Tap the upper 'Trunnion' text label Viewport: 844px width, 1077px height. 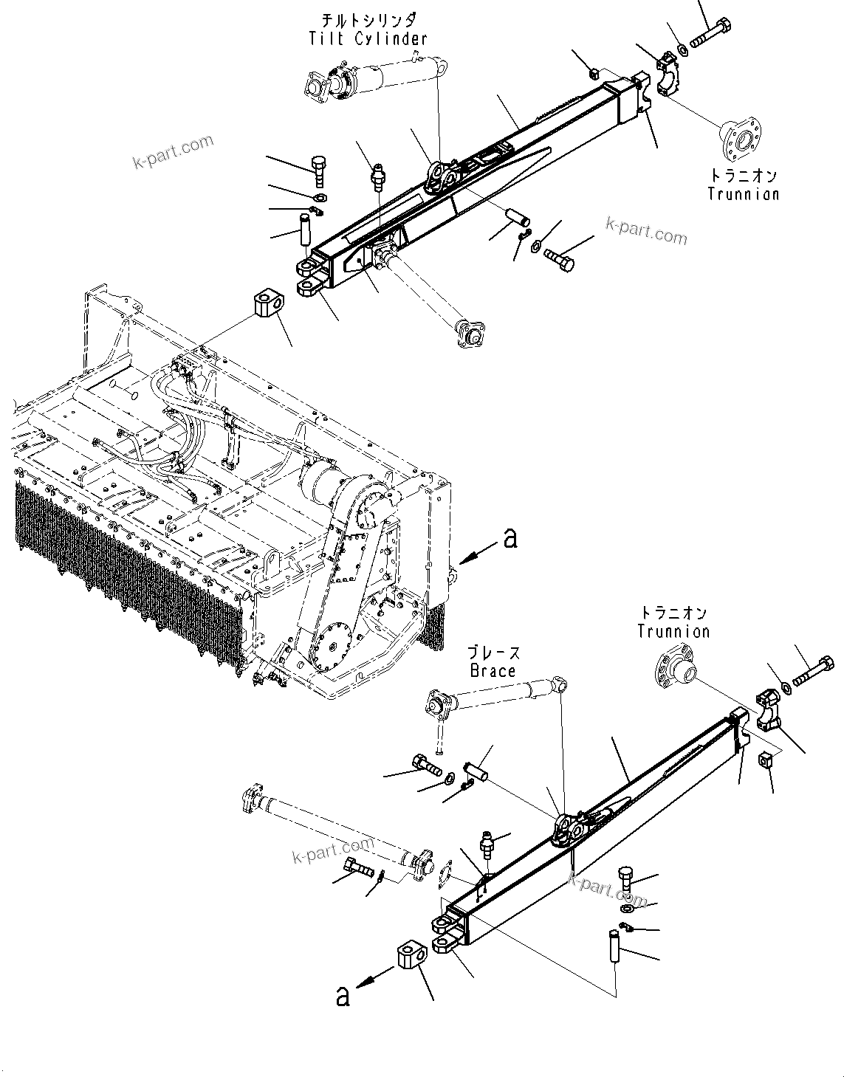[x=743, y=193]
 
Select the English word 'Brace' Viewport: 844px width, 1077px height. [x=492, y=670]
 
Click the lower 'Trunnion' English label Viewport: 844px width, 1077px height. [x=673, y=631]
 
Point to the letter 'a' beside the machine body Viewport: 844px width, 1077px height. [x=509, y=539]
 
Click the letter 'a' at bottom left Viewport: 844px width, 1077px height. [x=342, y=997]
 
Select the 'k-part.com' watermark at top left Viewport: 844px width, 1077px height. [x=173, y=151]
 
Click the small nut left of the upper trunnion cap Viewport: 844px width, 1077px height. [x=594, y=72]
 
